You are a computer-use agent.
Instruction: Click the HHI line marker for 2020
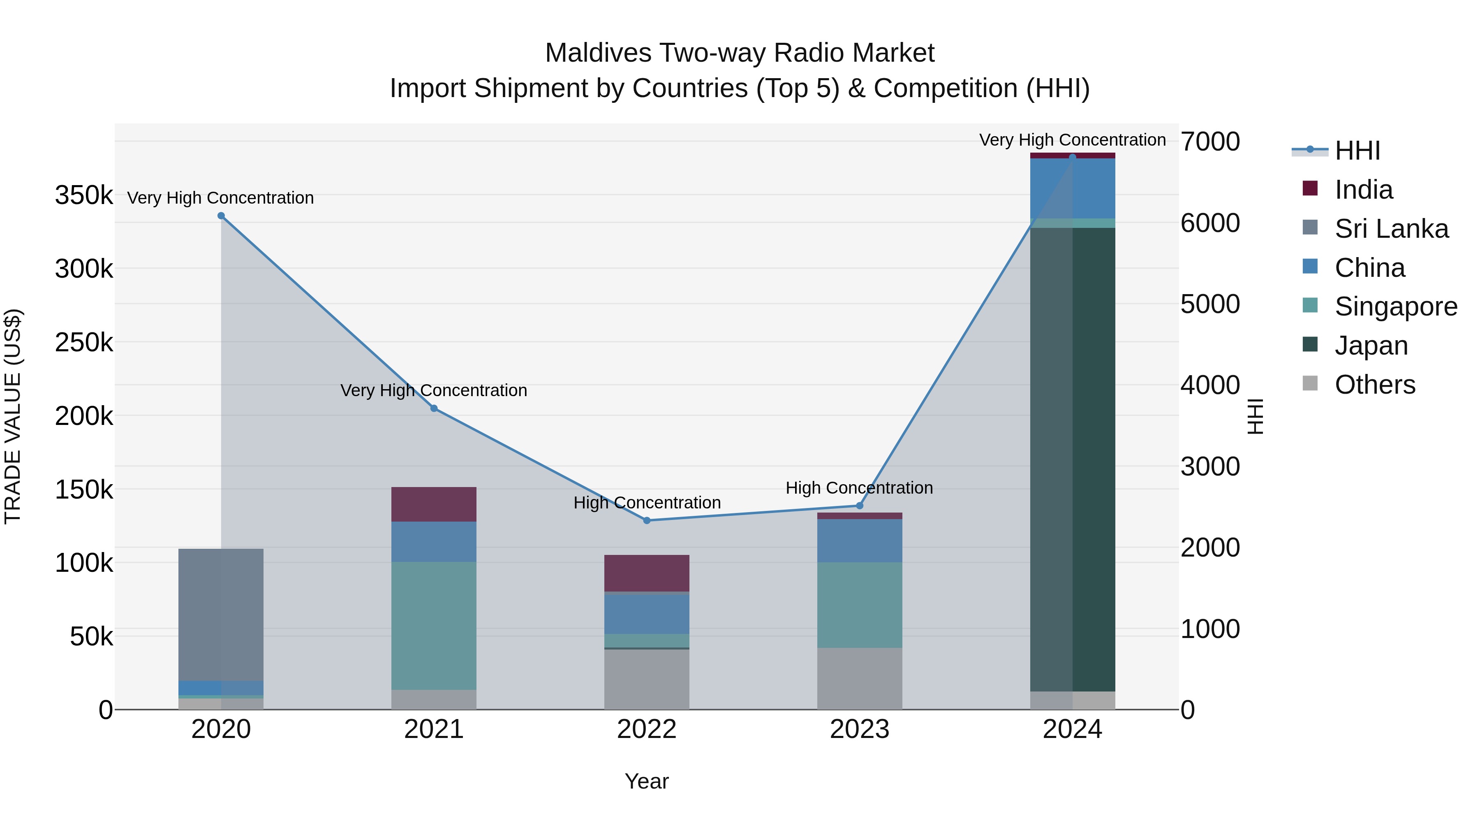[221, 216]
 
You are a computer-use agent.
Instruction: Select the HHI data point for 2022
[647, 521]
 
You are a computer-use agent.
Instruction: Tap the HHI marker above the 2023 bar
[860, 506]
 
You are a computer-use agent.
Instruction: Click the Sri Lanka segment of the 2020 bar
[221, 615]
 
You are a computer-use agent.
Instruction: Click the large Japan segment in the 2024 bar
[1073, 460]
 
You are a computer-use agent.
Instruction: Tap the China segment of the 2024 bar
[1073, 188]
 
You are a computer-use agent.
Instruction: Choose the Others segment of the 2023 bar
[860, 678]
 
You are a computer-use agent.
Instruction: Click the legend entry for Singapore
[1395, 306]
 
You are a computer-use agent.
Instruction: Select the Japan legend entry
[1371, 346]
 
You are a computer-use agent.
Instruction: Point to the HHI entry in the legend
[1357, 151]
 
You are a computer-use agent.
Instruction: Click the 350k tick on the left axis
[84, 195]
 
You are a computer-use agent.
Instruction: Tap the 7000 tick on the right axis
[1210, 142]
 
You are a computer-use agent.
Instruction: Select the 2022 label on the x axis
[647, 729]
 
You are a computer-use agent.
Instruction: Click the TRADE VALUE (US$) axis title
[13, 416]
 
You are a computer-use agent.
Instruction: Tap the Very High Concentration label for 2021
[434, 390]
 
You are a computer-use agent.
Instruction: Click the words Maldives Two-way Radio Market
[740, 53]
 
